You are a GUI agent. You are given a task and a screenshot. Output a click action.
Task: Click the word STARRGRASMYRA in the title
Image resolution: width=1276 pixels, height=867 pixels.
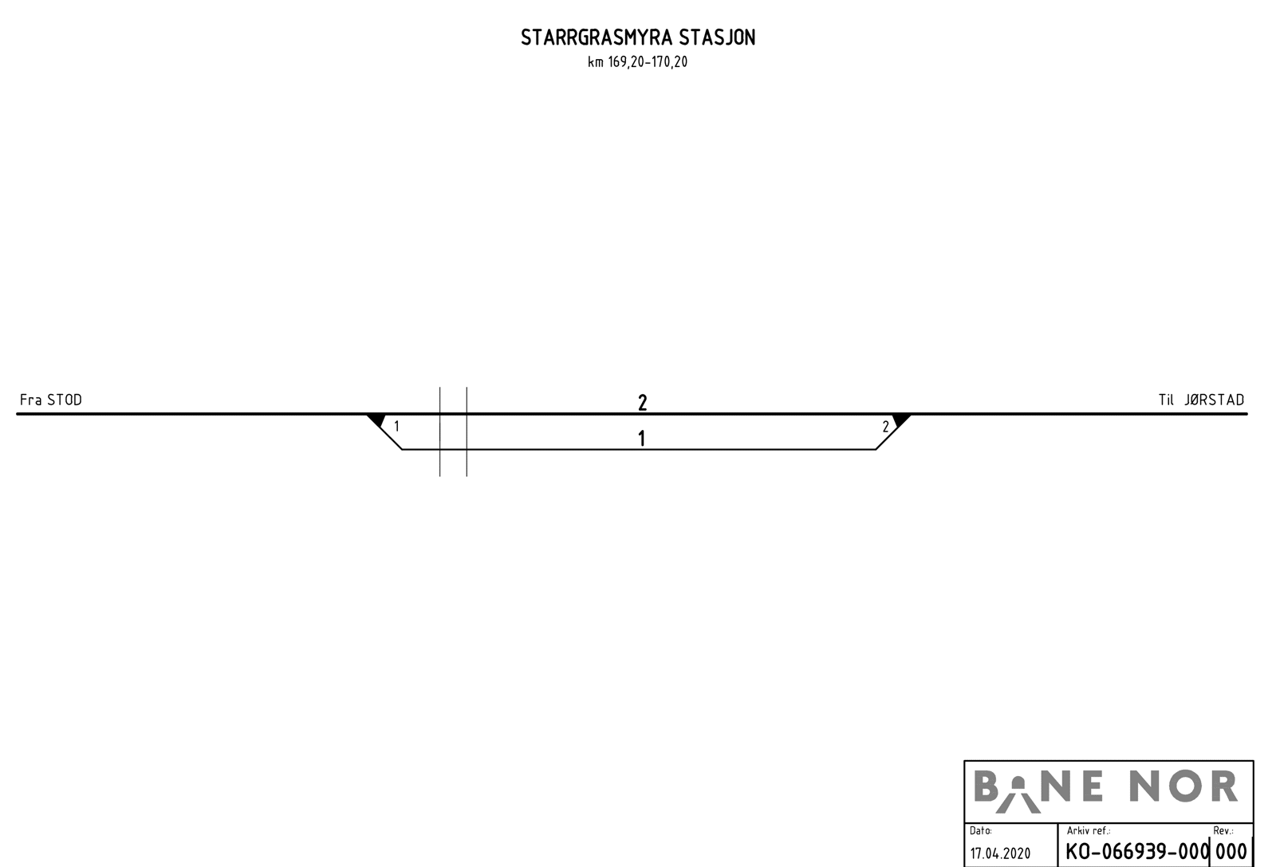pyautogui.click(x=597, y=38)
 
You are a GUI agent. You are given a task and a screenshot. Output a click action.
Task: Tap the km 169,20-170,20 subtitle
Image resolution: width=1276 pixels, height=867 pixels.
pyautogui.click(x=637, y=62)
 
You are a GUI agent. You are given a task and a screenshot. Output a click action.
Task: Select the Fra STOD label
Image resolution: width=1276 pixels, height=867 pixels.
pyautogui.click(x=51, y=400)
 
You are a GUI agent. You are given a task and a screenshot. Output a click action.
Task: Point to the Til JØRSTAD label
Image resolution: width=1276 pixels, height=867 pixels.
pyautogui.click(x=1201, y=400)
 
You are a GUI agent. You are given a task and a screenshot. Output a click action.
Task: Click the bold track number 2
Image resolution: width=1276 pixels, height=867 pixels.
pyautogui.click(x=642, y=403)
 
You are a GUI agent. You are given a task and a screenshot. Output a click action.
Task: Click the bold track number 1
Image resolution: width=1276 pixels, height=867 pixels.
pyautogui.click(x=641, y=438)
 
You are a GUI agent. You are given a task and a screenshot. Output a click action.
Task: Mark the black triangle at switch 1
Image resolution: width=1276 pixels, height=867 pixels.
pyautogui.click(x=376, y=420)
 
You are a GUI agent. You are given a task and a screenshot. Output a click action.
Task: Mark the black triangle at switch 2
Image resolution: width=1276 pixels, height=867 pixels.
pyautogui.click(x=900, y=420)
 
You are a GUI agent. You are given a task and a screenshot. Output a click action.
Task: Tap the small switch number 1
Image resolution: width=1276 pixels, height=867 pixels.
pyautogui.click(x=396, y=427)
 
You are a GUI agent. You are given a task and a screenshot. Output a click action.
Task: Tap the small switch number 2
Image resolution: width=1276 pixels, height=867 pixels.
pyautogui.click(x=885, y=427)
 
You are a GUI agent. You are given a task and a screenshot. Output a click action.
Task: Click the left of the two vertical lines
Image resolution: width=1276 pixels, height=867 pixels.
pyautogui.click(x=440, y=432)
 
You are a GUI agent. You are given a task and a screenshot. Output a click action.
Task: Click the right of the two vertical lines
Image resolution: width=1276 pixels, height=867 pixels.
pyautogui.click(x=467, y=432)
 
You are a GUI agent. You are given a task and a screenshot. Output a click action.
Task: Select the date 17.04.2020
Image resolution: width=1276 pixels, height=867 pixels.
pyautogui.click(x=1000, y=853)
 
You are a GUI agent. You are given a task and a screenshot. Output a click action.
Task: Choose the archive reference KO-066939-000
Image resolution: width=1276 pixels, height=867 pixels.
pyautogui.click(x=1137, y=851)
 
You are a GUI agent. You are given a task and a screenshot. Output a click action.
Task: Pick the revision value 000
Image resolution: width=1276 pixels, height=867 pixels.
pyautogui.click(x=1231, y=851)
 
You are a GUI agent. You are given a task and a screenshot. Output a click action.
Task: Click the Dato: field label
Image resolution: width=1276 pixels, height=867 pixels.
pyautogui.click(x=981, y=831)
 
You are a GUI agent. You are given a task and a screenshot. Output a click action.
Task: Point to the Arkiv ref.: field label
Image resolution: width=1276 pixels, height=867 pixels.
pyautogui.click(x=1089, y=831)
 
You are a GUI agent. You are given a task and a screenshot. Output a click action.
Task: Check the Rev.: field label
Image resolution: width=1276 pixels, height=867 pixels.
pyautogui.click(x=1223, y=831)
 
